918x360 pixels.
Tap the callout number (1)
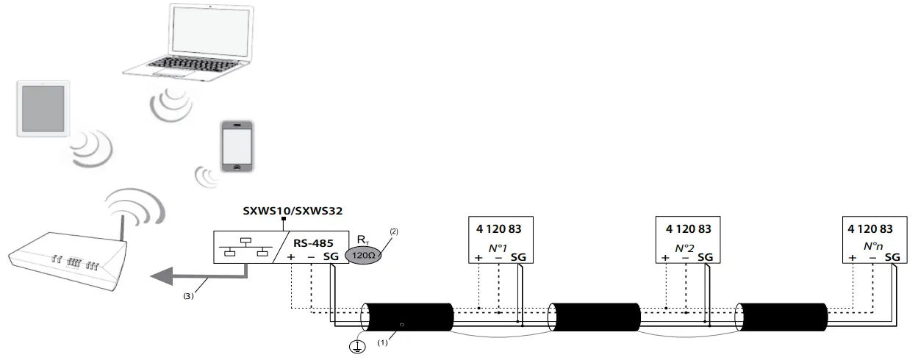pos(381,342)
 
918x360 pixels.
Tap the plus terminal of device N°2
pos(666,258)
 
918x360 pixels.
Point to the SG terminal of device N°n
pos(892,258)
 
